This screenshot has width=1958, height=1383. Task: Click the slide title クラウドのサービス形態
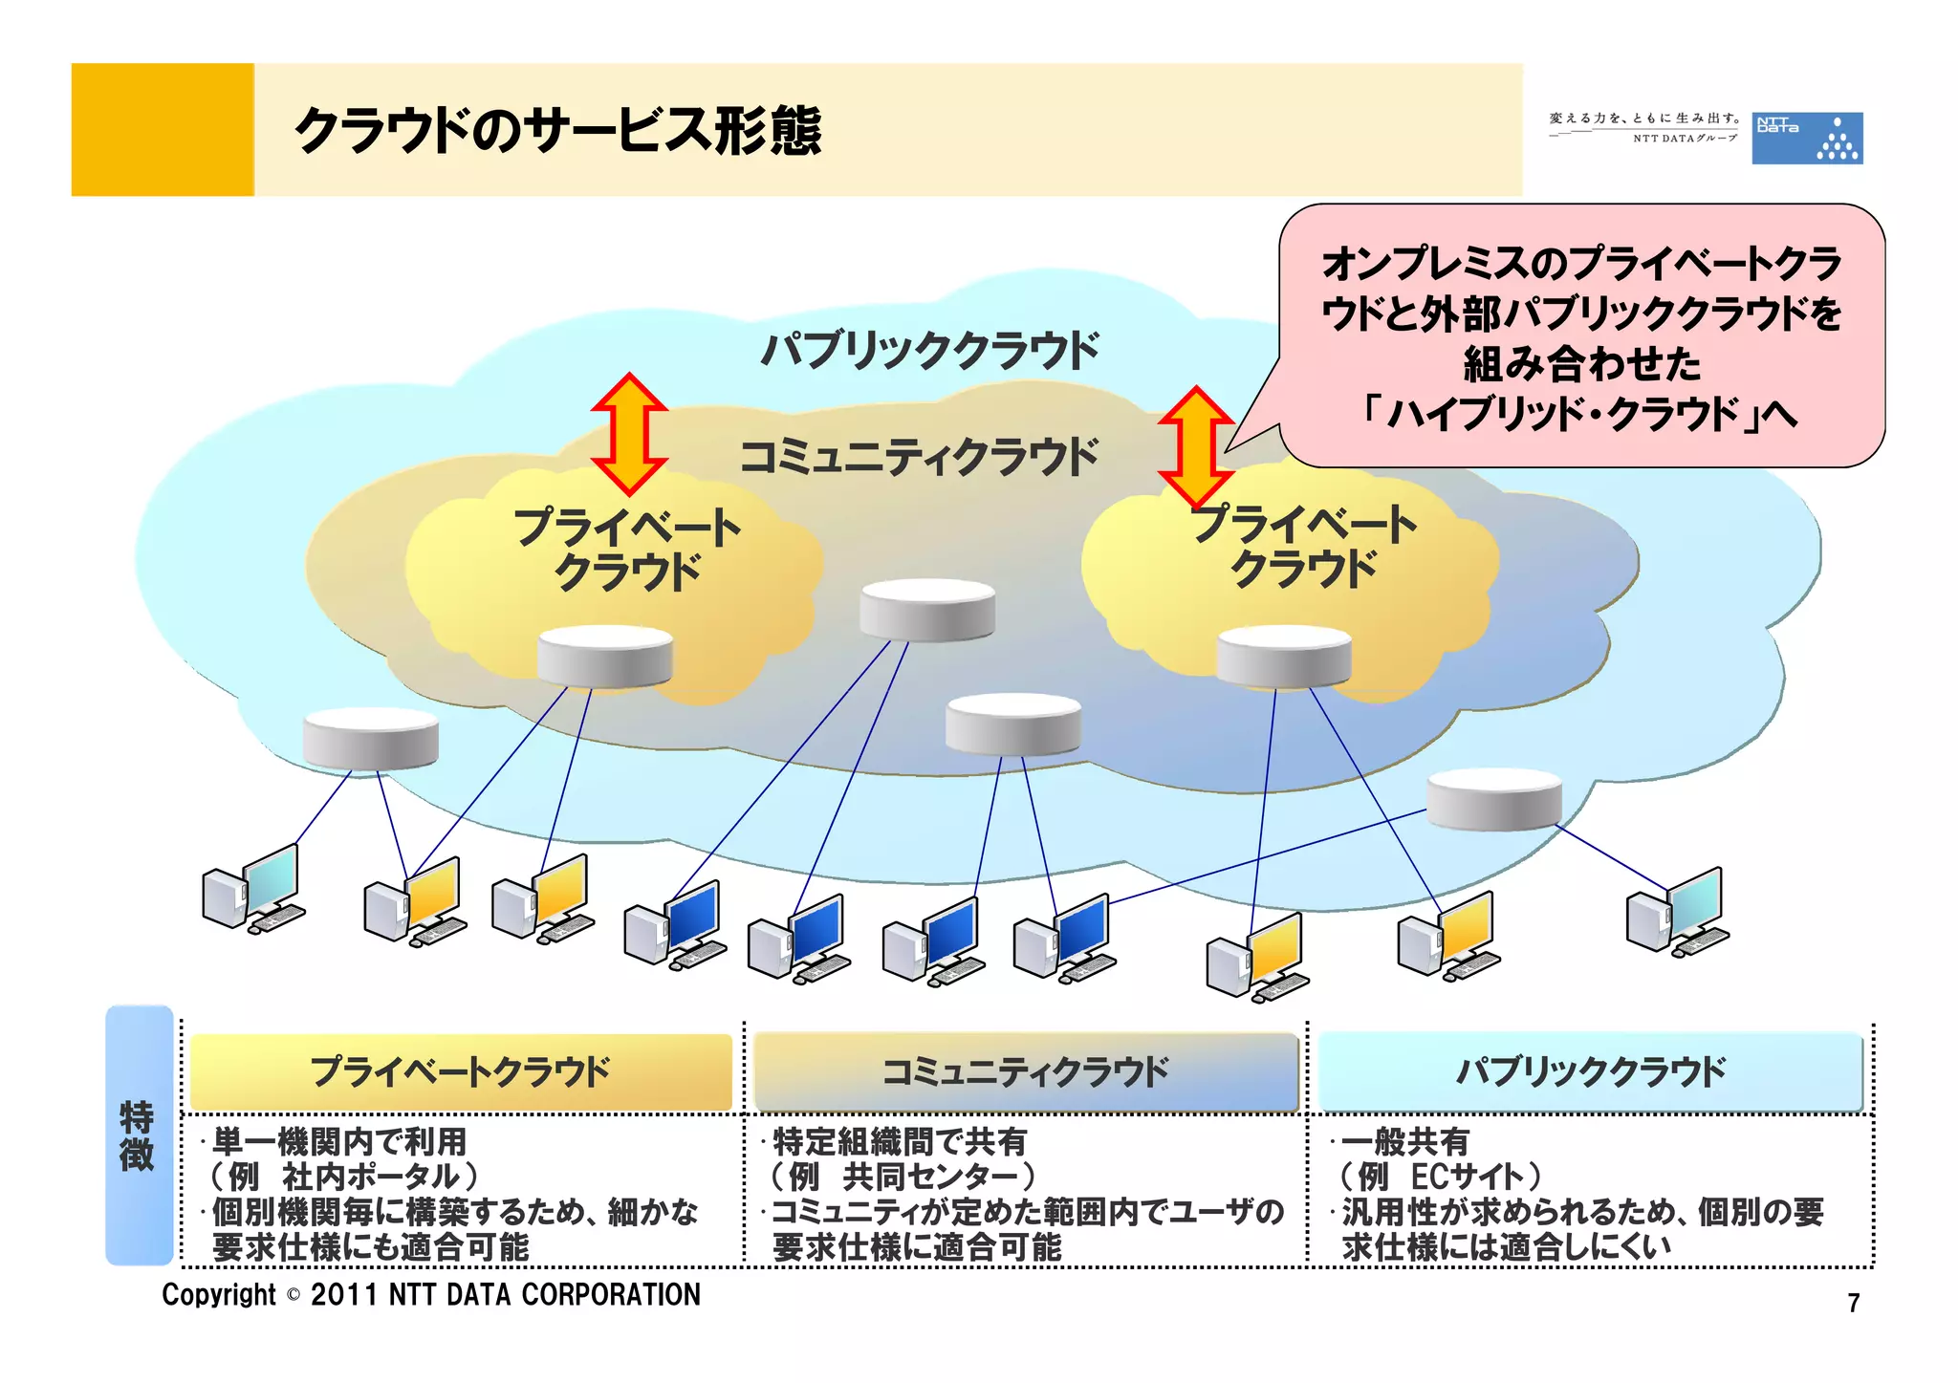tap(557, 131)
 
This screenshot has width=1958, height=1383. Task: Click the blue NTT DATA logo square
tap(1806, 139)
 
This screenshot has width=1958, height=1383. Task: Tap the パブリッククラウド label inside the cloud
tap(929, 351)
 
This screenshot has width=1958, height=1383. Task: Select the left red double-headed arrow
tap(628, 434)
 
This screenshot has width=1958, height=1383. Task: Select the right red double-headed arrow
tap(1196, 446)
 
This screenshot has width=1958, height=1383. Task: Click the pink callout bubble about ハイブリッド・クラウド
tap(1581, 335)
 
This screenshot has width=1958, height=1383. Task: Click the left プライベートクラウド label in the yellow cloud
tap(627, 550)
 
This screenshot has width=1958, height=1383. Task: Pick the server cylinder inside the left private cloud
tap(604, 657)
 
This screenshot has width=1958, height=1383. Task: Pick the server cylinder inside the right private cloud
tap(1283, 657)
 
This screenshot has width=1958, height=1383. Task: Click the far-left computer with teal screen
tap(253, 889)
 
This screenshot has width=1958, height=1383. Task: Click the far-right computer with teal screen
tap(1677, 912)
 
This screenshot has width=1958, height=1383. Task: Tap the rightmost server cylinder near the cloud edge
tap(1493, 800)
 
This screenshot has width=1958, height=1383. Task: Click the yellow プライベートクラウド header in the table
tap(460, 1071)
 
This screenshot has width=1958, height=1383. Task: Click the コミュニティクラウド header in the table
tap(1024, 1071)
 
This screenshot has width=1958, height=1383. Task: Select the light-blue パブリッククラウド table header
tap(1590, 1071)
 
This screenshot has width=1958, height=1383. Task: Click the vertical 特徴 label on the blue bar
tap(138, 1135)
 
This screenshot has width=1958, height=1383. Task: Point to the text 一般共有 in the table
tap(1404, 1141)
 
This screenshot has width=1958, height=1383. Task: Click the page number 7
tap(1853, 1303)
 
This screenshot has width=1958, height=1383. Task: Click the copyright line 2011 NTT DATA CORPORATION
tap(431, 1294)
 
